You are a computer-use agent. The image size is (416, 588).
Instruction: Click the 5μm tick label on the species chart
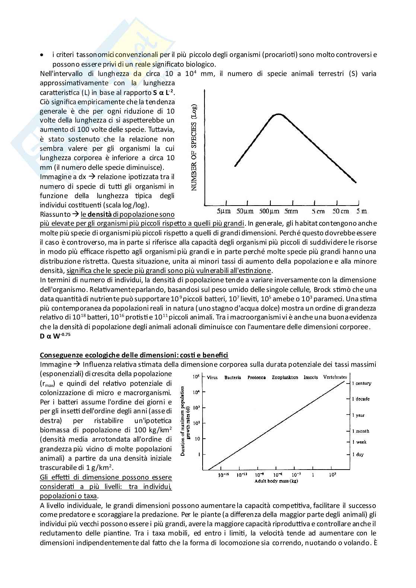click(224, 211)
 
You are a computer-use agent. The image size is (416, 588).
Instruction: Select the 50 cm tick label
click(341, 211)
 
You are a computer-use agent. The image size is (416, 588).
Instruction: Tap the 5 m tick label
click(361, 211)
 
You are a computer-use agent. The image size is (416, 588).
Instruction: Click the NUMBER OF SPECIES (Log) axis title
click(194, 148)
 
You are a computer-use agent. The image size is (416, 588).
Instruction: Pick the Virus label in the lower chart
click(212, 377)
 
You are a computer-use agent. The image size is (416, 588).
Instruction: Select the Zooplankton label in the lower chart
click(285, 377)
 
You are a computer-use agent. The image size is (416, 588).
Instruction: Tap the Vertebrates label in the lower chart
click(335, 377)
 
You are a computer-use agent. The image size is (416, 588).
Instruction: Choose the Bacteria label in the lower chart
click(233, 377)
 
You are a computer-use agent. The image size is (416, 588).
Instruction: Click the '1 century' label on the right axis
click(362, 383)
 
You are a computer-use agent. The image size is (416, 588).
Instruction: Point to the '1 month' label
click(361, 431)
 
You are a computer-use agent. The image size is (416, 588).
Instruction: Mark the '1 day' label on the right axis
click(358, 454)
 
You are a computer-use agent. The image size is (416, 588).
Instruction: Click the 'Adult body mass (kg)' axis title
click(276, 481)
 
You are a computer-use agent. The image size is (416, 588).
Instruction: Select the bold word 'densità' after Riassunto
click(100, 214)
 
